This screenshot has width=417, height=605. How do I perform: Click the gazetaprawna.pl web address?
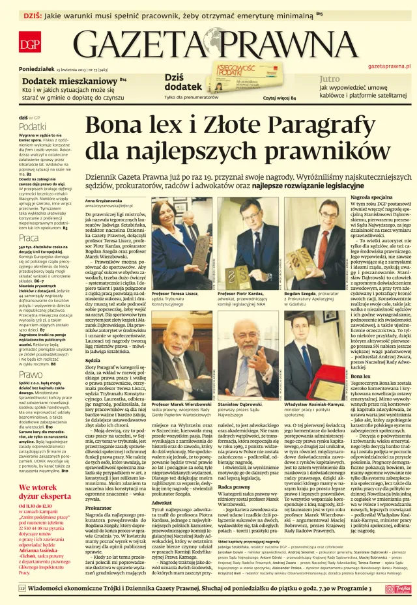389,66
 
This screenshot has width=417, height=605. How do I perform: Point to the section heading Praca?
28,239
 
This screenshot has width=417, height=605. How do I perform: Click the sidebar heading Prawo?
30,374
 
